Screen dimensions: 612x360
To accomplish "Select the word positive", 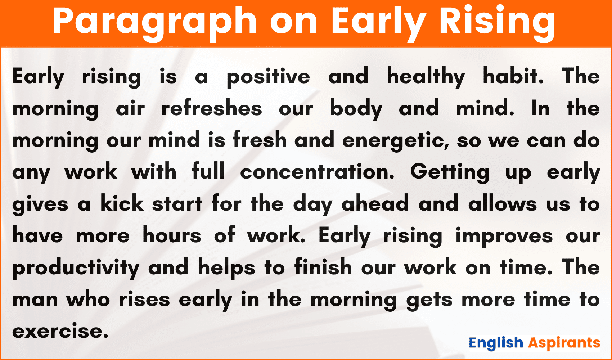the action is coord(268,77).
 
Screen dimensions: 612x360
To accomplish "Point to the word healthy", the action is coord(426,77).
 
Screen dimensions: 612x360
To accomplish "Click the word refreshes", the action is coord(212,108).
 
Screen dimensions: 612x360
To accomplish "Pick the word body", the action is coord(356,109).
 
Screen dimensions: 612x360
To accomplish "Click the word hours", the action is coord(172,235).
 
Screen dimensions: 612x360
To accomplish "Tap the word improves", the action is coord(504,237).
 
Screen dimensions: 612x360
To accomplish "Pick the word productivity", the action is coord(76,269).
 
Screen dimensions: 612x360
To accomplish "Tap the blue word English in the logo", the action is coord(496,343).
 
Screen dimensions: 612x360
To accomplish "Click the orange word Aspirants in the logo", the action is coord(564,343).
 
